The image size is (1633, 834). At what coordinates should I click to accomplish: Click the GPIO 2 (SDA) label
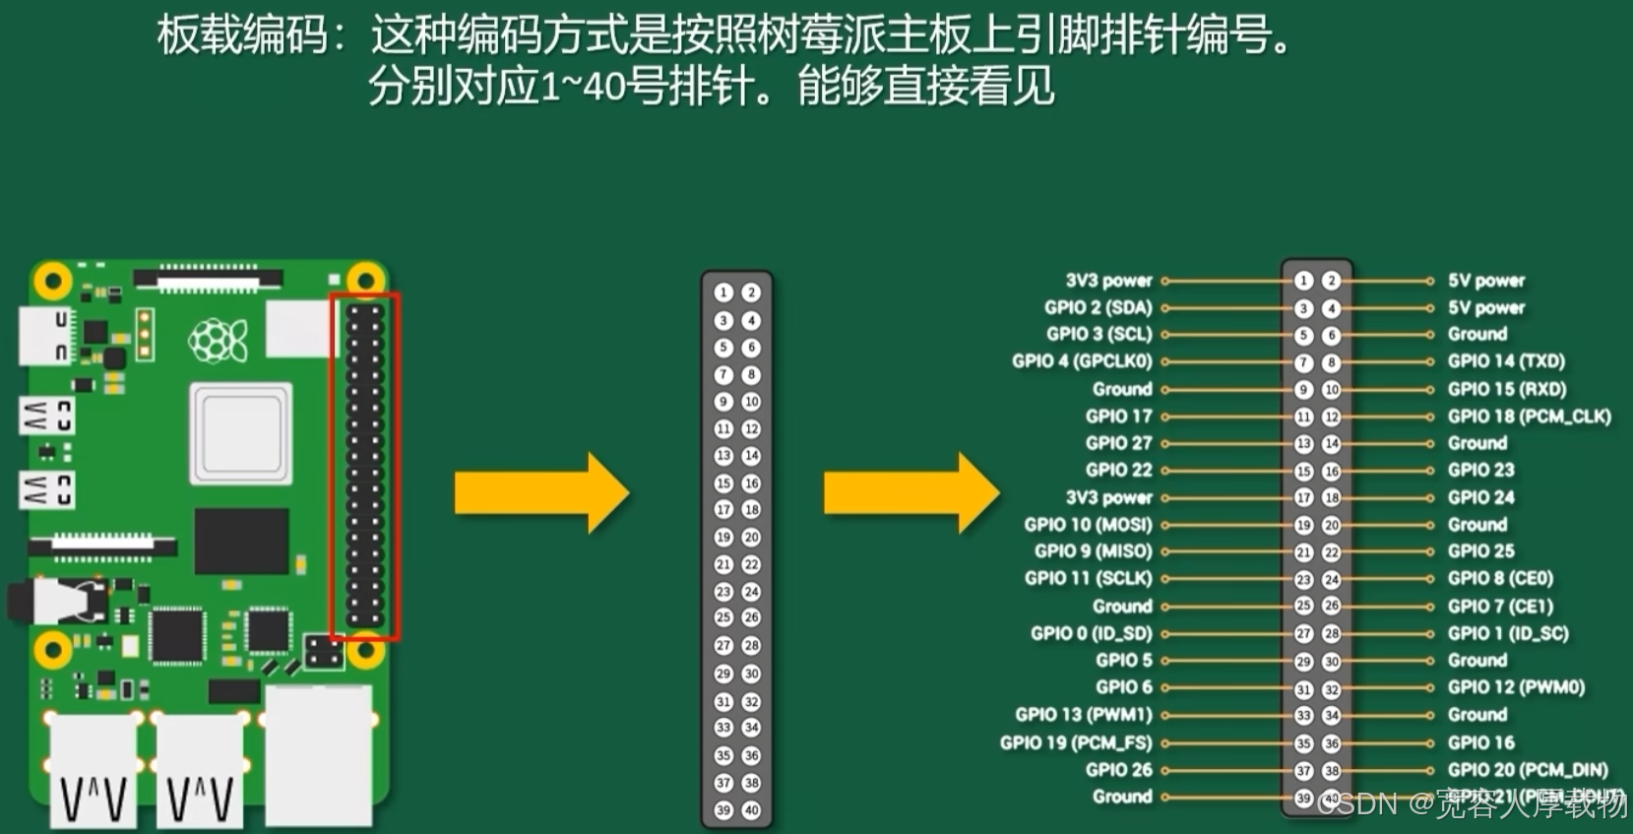[x=1098, y=307]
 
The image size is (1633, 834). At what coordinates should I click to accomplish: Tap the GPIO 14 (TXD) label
[x=1505, y=361]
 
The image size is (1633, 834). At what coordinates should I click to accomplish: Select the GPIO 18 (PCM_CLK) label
[x=1529, y=417]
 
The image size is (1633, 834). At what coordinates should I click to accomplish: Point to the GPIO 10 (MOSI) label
[x=1087, y=525]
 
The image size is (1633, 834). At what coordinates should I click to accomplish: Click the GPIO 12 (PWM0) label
[x=1515, y=687]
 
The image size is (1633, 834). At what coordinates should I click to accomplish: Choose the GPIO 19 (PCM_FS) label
[x=1075, y=742]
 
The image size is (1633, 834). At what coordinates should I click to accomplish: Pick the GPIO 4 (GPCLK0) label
[x=1081, y=361]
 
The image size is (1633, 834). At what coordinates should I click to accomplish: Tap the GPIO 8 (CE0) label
[x=1499, y=579]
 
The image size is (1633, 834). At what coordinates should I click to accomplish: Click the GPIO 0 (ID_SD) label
[x=1091, y=633]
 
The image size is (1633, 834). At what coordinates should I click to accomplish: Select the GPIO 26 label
[x=1118, y=770]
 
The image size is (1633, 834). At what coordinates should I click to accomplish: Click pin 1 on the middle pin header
[x=723, y=292]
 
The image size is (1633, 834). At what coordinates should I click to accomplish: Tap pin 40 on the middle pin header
[x=751, y=810]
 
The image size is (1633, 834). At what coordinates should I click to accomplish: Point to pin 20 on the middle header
[x=751, y=538]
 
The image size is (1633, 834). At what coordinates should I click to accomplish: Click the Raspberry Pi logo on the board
[x=218, y=341]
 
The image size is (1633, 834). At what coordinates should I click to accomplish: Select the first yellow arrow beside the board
[x=540, y=493]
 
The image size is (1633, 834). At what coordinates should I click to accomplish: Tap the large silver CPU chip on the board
[x=241, y=433]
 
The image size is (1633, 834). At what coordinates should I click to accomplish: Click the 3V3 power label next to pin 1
[x=1108, y=281]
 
